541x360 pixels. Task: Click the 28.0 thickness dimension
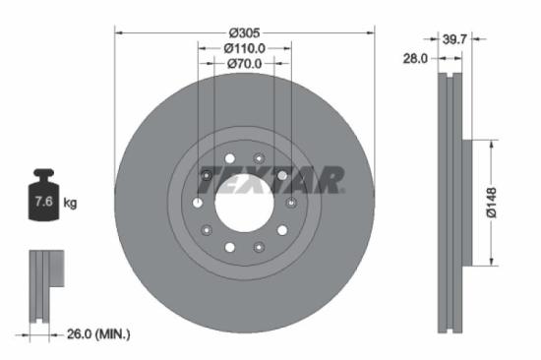tap(417, 59)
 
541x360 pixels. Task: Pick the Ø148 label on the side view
tap(499, 202)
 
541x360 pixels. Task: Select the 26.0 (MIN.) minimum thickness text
tap(96, 334)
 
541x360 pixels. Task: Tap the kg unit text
tap(71, 204)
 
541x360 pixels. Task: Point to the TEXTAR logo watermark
tap(271, 178)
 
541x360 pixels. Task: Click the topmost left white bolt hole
tap(229, 158)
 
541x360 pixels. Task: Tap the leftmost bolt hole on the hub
tap(198, 203)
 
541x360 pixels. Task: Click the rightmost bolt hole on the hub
tap(290, 203)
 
